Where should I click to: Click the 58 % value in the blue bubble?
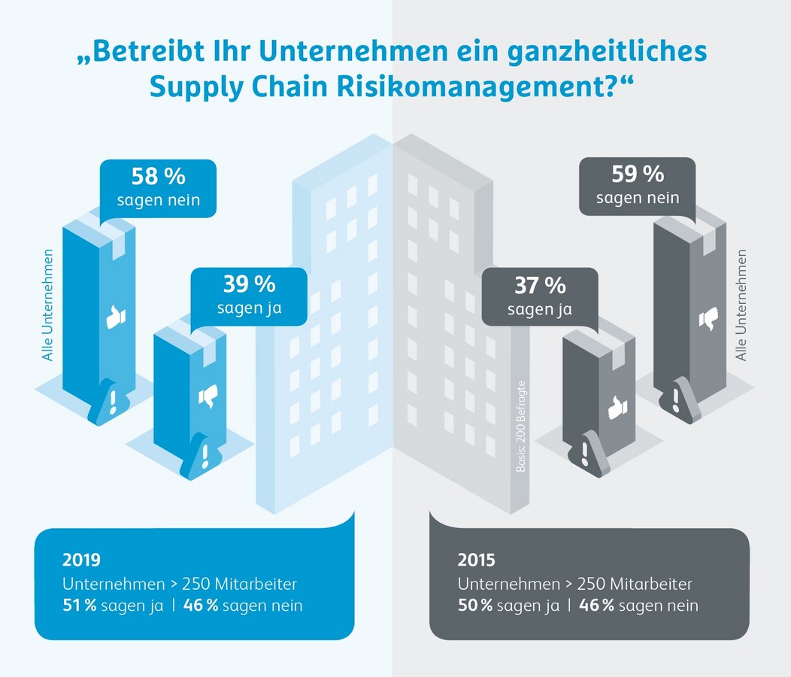tap(158, 177)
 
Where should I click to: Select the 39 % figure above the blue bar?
tap(249, 284)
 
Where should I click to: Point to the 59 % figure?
tap(638, 174)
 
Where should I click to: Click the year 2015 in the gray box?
tap(477, 560)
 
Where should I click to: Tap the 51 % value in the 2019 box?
tap(79, 605)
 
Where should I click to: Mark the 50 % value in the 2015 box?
tap(474, 605)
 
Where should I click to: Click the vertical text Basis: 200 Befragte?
tap(520, 428)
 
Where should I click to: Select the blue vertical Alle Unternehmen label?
tap(48, 305)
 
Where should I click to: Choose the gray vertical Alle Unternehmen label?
tap(742, 305)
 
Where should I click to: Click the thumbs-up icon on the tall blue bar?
tap(115, 318)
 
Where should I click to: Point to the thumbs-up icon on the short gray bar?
tap(617, 408)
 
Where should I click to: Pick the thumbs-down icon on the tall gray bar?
tap(708, 319)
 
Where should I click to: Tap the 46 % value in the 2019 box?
tap(201, 605)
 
